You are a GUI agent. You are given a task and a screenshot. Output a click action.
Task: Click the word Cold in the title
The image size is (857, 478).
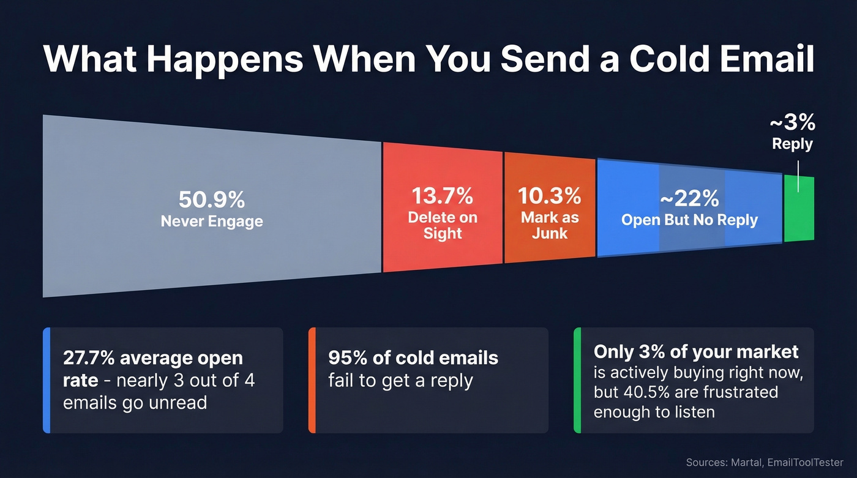pos(659,59)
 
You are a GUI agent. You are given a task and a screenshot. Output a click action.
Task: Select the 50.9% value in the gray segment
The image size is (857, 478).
pos(212,200)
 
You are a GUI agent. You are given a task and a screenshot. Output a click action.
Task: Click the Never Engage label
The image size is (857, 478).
pos(212,221)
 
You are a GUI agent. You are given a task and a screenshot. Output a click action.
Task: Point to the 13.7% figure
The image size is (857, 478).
pos(442,196)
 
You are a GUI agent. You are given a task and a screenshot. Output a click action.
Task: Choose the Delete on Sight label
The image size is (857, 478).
pos(442,225)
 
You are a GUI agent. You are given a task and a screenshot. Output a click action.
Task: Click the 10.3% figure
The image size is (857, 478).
pos(549,196)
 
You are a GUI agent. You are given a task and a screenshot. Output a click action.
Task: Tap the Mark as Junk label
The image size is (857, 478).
pos(549,225)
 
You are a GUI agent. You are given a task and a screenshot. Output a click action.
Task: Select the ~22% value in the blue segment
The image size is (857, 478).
pos(689,199)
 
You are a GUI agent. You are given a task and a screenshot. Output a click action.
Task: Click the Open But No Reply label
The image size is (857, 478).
pos(689,220)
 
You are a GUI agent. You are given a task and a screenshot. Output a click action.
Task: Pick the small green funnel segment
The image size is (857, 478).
pos(799,209)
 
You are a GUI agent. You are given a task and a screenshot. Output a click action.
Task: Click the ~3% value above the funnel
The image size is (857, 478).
pos(792,123)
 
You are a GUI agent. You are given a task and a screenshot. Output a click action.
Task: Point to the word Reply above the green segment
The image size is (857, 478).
pos(792,144)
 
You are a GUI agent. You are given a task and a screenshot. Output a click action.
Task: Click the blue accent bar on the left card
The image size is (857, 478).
pos(46,380)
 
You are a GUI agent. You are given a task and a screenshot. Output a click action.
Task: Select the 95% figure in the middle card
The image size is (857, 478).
pos(344,358)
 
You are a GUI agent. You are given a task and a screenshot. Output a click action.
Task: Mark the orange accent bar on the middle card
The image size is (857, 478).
pos(312,380)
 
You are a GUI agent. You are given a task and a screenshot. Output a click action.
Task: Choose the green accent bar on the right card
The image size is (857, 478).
pos(577,380)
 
